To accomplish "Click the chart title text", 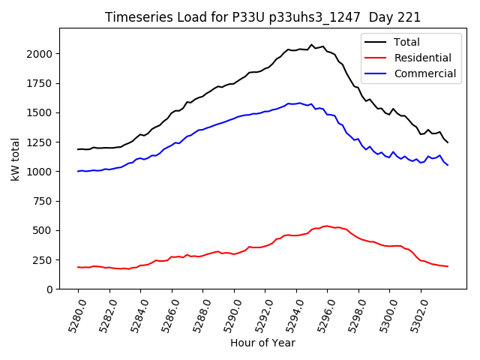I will (x=262, y=17).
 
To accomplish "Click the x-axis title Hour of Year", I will (x=262, y=343).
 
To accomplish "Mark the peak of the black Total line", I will (x=312, y=45).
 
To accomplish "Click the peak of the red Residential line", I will (x=327, y=225).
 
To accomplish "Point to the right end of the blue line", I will (x=448, y=165).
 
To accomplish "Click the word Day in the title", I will (x=388, y=17).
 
